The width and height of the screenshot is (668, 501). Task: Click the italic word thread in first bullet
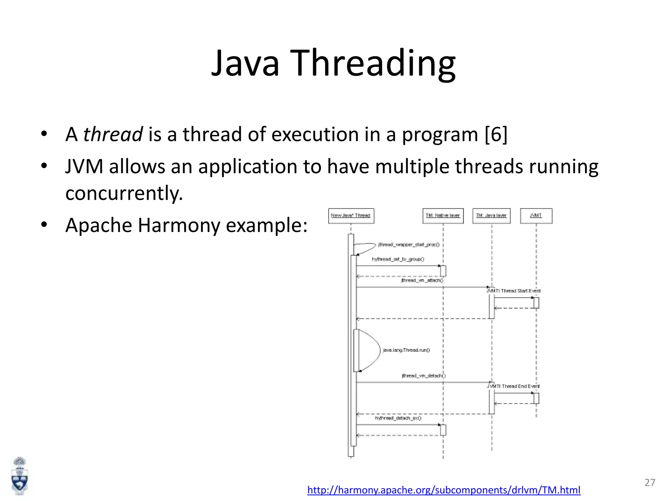113,134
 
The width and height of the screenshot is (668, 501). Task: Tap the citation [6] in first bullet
496,134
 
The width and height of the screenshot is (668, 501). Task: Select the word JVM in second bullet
84,166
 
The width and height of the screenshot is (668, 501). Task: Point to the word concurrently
124,193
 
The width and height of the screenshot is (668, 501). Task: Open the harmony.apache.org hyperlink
444,490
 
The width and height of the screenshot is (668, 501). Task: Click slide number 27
649,482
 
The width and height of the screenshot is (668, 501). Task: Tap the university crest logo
20,476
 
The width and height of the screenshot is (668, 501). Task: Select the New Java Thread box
351,216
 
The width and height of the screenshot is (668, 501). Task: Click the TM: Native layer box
443,216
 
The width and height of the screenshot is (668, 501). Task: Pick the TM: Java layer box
491,216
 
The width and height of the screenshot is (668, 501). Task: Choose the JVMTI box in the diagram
536,216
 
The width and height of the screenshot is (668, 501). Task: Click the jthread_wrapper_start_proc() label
408,245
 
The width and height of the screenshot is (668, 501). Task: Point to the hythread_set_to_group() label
398,259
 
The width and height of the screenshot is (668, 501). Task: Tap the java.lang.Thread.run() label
406,350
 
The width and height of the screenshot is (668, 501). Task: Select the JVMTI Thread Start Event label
514,291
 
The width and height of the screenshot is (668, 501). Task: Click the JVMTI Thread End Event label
513,386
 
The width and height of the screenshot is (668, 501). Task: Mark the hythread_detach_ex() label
398,418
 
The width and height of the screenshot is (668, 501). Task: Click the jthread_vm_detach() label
423,376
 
